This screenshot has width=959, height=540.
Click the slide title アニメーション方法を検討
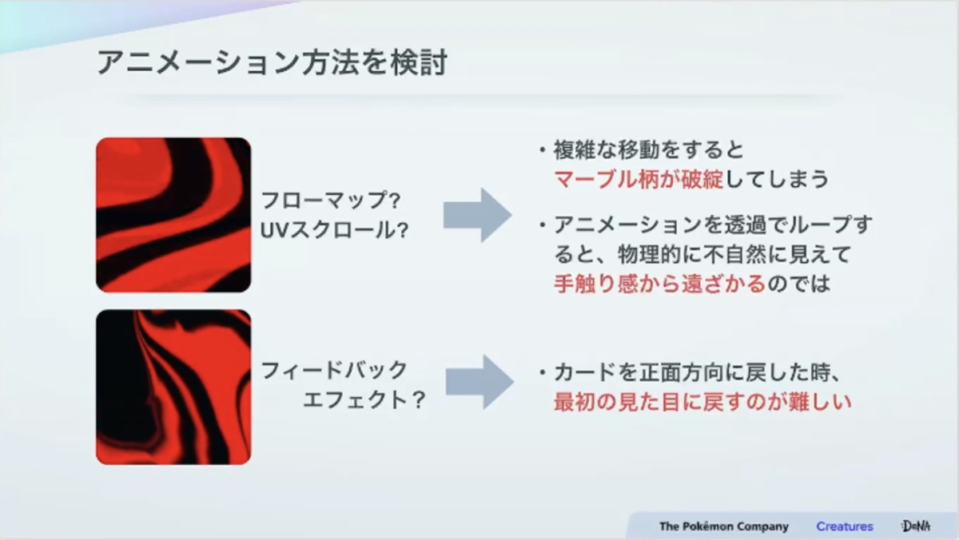point(273,62)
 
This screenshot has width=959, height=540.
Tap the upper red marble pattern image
point(173,215)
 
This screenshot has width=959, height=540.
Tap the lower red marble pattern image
point(173,387)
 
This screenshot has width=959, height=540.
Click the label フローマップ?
point(331,201)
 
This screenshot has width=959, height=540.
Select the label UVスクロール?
point(334,230)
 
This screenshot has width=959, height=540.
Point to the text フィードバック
point(334,370)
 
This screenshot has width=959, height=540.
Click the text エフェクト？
point(364,400)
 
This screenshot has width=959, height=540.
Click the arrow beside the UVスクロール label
point(477,215)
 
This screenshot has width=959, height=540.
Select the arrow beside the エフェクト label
point(479,382)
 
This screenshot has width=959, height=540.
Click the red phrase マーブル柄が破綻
point(639,179)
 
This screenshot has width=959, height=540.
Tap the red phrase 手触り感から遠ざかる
point(660,284)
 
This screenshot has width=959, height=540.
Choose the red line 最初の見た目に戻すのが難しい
point(702,402)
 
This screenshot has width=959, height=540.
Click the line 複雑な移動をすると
point(649,149)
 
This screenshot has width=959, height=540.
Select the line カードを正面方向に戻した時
point(693,372)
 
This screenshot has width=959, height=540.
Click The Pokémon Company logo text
point(724,526)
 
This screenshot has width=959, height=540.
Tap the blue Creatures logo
point(845,526)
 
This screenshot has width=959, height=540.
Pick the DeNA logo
point(916,526)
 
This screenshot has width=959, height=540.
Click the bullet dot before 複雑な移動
point(543,150)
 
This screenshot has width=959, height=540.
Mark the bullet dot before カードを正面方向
point(543,373)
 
